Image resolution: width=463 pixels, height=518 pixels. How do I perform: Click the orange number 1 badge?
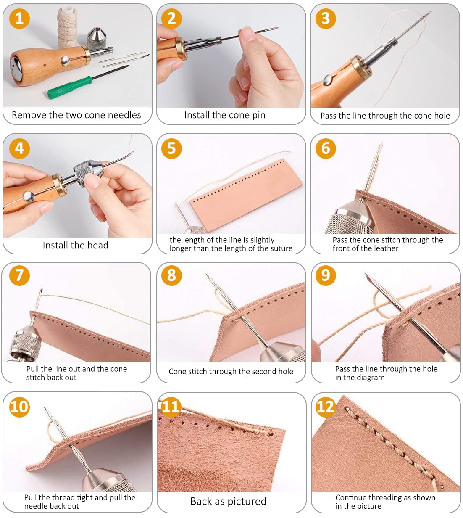[x=19, y=18]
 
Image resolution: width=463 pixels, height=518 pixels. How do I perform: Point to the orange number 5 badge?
[x=171, y=148]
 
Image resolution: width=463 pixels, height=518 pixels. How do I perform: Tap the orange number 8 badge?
[x=171, y=275]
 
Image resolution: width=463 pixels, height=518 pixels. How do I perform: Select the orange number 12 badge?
[x=326, y=407]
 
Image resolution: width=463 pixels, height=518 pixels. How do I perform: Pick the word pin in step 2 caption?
[x=258, y=116]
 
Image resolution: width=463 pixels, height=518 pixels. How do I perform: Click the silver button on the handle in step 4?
[x=29, y=197]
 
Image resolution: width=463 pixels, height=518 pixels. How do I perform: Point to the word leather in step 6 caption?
[x=385, y=248]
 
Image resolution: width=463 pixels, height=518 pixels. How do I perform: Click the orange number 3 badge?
[x=326, y=18]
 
